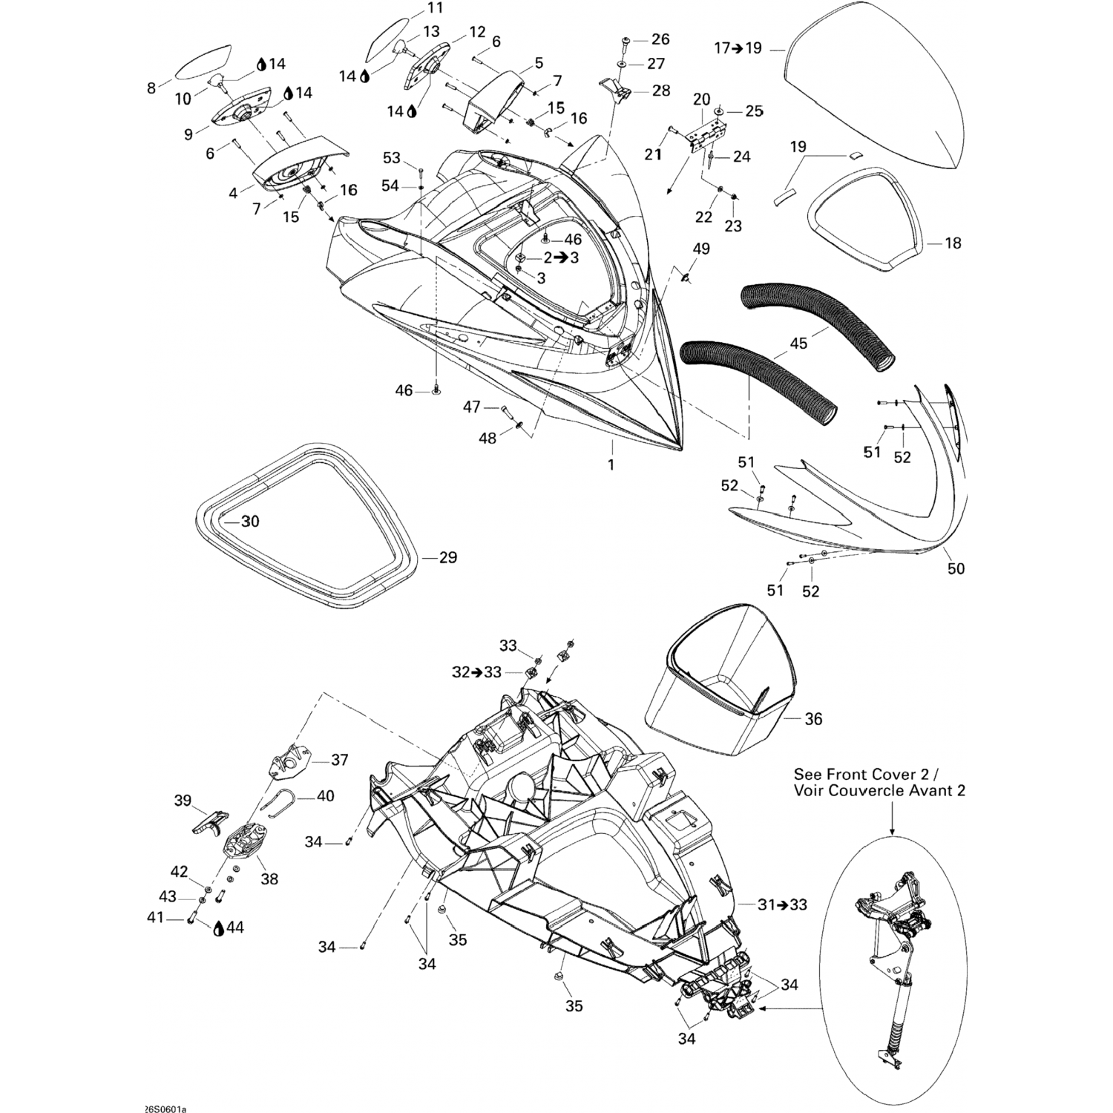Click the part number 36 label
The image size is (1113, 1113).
point(813,719)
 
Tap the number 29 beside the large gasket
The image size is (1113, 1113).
point(448,557)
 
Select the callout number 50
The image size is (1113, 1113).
point(956,568)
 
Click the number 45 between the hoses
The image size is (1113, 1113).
point(798,344)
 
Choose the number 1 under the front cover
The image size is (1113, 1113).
point(611,465)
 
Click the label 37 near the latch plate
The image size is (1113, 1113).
point(340,760)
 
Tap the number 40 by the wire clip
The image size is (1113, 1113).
point(325,796)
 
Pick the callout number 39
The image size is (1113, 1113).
point(183,801)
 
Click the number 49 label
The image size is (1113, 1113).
point(700,249)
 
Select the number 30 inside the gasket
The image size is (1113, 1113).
point(251,522)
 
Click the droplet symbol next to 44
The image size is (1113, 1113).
point(219,928)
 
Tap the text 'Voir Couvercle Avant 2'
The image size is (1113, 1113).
point(879,791)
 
